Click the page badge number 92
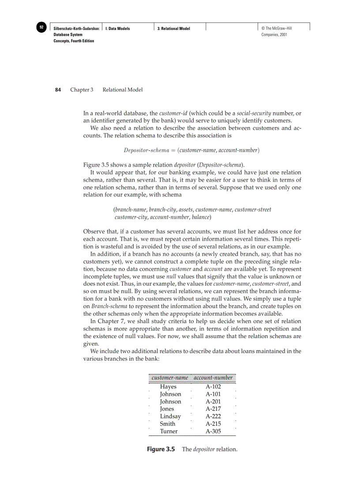(x=41, y=27)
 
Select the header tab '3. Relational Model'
(x=174, y=29)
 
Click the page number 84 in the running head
(x=58, y=89)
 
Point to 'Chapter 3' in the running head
(x=82, y=89)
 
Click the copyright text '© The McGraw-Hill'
(x=276, y=29)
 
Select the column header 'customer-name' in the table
(x=170, y=378)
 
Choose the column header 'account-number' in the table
(x=213, y=378)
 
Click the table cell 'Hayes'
(x=168, y=387)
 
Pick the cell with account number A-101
(x=213, y=394)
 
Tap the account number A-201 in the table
(x=213, y=402)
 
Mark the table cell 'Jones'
(x=167, y=409)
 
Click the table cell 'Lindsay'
(x=170, y=416)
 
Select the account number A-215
(x=213, y=424)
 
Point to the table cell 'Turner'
(x=169, y=431)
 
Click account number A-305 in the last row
(x=213, y=431)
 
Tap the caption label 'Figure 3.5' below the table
(x=161, y=449)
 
